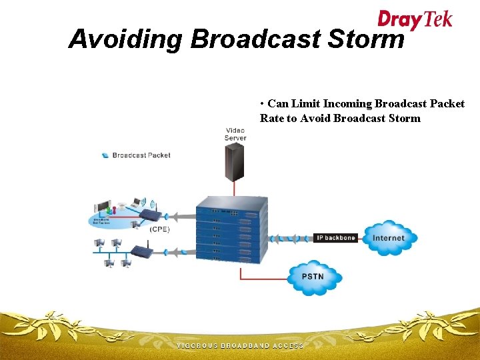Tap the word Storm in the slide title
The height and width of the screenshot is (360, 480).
tap(366, 39)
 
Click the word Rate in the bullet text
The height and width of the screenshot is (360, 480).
tap(272, 119)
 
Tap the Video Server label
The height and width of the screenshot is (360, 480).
tap(235, 134)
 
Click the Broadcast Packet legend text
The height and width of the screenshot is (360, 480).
tap(141, 155)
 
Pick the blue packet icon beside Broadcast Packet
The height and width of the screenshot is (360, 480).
tap(105, 155)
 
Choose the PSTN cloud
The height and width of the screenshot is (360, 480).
tap(313, 276)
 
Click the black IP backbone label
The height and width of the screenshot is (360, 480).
tap(335, 238)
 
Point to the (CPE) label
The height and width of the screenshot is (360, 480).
tap(159, 229)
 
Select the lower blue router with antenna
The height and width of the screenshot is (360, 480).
tap(142, 251)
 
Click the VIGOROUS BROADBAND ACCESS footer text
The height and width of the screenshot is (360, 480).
tap(239, 346)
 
